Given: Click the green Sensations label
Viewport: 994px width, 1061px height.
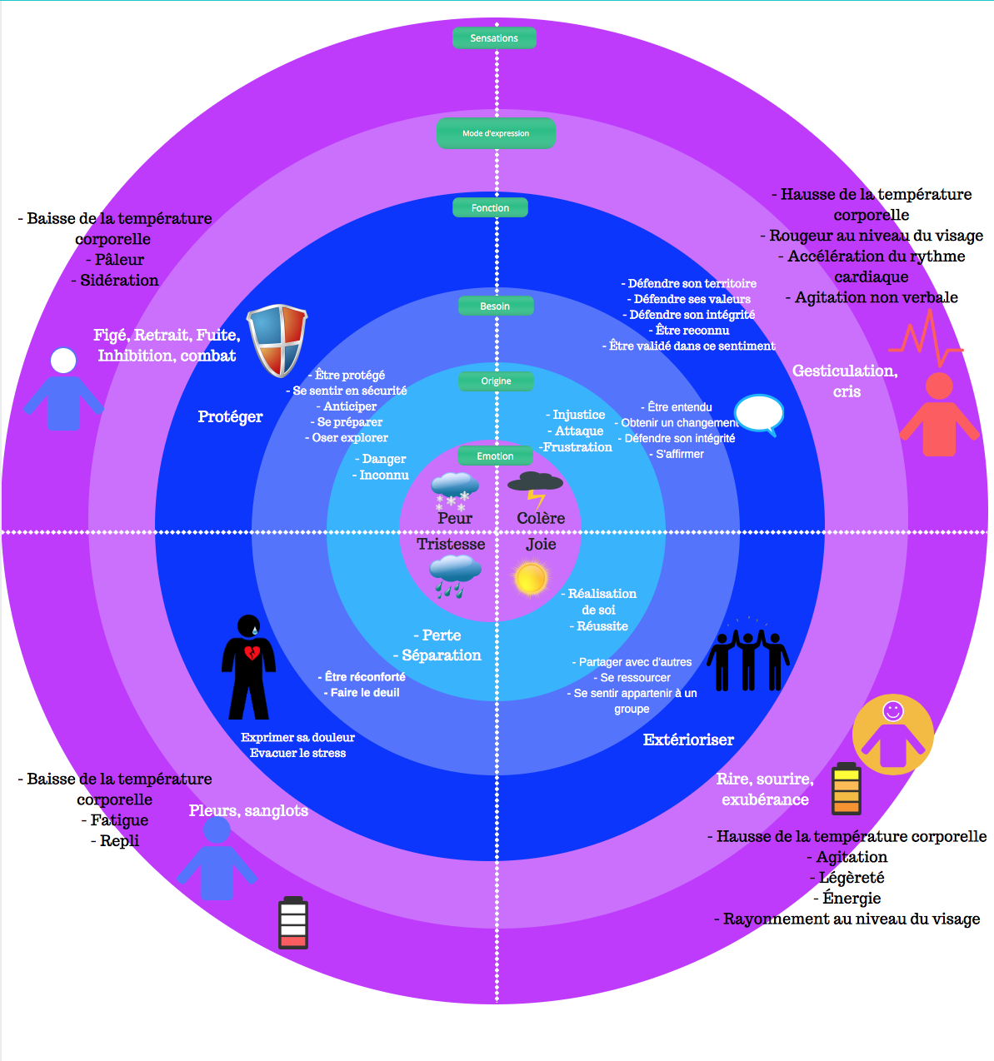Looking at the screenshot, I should coord(494,38).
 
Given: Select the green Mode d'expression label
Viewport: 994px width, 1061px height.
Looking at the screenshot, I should coord(496,133).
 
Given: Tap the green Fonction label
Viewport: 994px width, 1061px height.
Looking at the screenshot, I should coord(490,207).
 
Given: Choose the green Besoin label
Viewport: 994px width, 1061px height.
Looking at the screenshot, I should coord(495,306).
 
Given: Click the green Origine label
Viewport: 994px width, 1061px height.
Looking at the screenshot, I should coord(496,381).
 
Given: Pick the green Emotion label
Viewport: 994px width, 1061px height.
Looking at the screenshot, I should coord(495,456).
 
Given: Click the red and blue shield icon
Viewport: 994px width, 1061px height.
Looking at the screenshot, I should coord(277,340).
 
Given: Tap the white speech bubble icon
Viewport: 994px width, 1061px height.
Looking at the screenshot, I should coord(759,413).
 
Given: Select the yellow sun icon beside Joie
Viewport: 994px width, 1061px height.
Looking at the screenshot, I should coord(531,578).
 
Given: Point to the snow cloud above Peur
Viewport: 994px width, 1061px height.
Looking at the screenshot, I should coord(454,491).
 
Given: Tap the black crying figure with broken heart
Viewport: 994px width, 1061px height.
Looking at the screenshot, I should coord(248,667).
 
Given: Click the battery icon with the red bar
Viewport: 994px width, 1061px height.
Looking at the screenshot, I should coord(292,923).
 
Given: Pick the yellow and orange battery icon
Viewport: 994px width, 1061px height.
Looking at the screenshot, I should coord(847,789).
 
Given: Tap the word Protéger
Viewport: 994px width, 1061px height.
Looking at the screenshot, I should coord(230,416).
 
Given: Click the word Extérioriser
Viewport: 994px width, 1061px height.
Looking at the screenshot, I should coord(688,740).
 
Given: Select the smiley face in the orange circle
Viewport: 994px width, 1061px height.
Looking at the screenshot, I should coord(893,710).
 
